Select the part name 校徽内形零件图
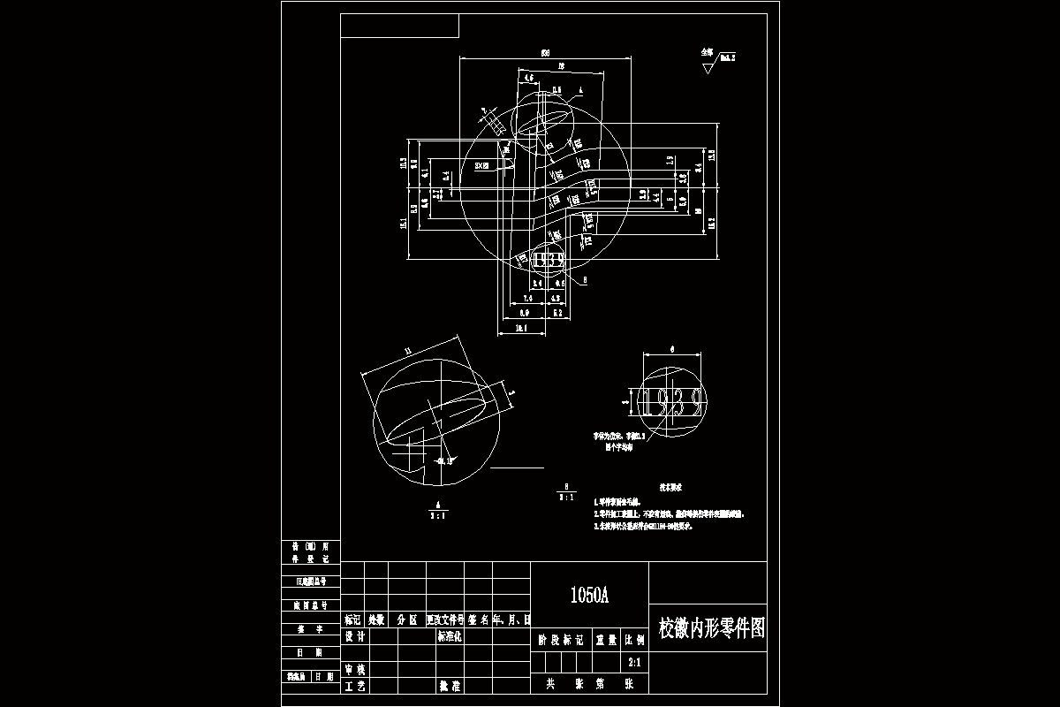click(712, 628)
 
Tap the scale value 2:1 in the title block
click(633, 661)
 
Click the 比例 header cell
click(633, 639)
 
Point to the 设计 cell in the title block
click(355, 636)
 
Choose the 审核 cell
click(355, 670)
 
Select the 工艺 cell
click(355, 686)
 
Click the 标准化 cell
click(450, 636)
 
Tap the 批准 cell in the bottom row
click(450, 686)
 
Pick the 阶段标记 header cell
click(560, 639)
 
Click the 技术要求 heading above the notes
click(671, 487)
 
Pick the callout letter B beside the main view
click(585, 279)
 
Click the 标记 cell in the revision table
click(352, 620)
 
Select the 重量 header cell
click(605, 639)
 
